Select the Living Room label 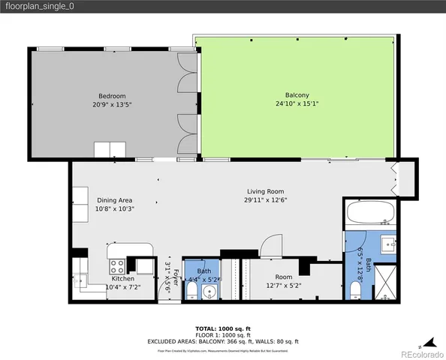(265, 190)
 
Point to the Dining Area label (114, 199)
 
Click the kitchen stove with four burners (118, 265)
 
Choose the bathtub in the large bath (367, 216)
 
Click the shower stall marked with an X (384, 283)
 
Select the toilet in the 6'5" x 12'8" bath (356, 289)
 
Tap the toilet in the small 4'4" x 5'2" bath (192, 292)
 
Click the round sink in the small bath (211, 291)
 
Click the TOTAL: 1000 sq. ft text (223, 328)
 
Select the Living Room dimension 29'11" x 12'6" (265, 199)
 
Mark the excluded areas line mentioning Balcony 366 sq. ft (223, 341)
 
